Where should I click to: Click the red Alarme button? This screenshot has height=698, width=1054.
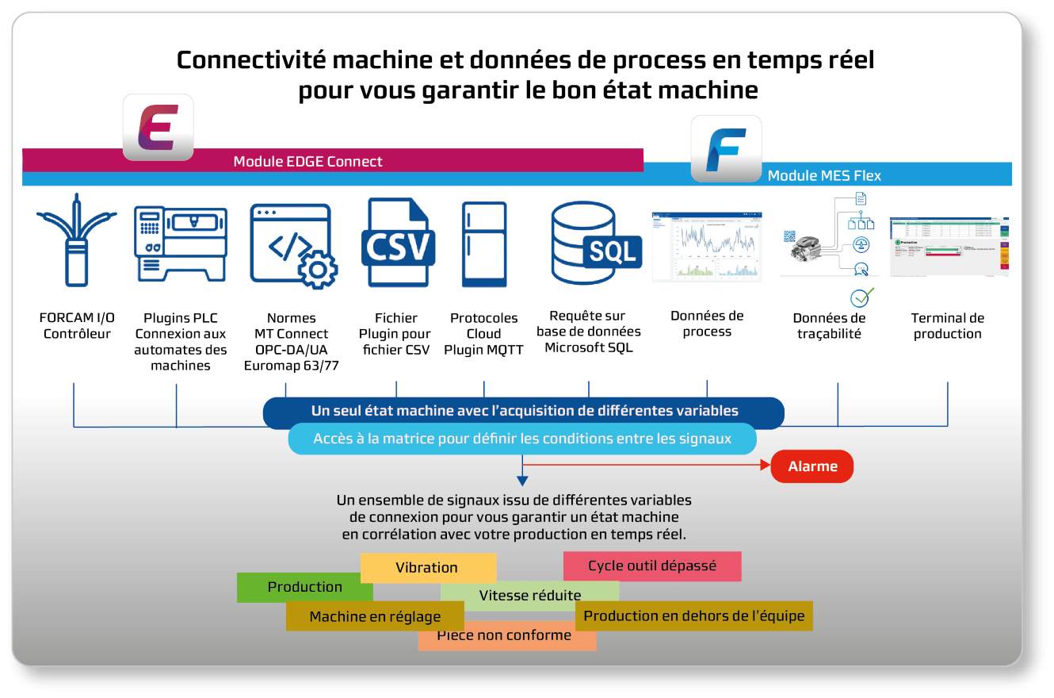click(812, 466)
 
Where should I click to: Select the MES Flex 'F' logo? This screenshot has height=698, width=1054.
click(726, 148)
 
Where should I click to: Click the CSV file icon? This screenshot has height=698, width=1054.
click(396, 243)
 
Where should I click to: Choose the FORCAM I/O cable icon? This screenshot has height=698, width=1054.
click(76, 240)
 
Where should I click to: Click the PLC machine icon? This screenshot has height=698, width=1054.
click(181, 244)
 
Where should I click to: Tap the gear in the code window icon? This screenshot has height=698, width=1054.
click(318, 269)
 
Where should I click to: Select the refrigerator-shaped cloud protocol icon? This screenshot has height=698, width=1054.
click(484, 244)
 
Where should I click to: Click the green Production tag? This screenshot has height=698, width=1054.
click(304, 587)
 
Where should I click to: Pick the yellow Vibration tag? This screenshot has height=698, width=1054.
click(427, 567)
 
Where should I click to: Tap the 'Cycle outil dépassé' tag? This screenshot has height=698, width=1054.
click(651, 566)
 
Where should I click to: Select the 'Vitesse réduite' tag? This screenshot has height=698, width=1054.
click(529, 596)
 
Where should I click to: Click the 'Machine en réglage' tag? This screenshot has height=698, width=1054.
click(375, 616)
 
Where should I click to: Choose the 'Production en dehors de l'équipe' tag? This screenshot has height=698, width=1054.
click(693, 616)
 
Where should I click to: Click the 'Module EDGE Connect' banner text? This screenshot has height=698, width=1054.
click(307, 161)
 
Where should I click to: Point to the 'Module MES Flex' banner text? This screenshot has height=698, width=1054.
click(824, 175)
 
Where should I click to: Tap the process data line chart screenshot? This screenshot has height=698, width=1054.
click(706, 247)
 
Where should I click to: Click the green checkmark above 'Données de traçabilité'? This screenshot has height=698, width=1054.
click(861, 297)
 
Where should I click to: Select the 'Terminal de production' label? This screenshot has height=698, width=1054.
click(947, 326)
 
